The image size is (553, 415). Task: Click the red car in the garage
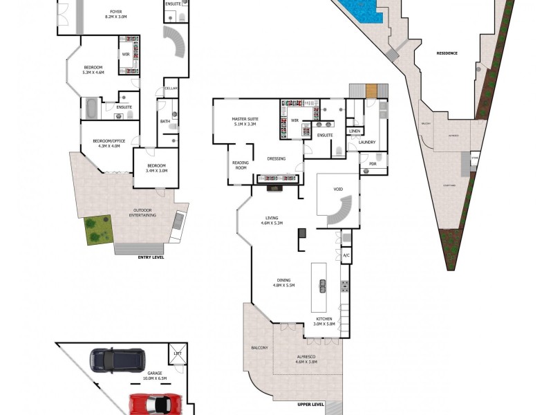(x=156, y=404)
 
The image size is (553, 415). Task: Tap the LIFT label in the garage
(x=178, y=353)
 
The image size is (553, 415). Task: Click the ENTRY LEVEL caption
(x=151, y=257)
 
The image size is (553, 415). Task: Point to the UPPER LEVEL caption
(x=310, y=404)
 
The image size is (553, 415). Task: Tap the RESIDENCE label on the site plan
(x=448, y=53)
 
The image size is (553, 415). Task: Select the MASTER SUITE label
(x=244, y=122)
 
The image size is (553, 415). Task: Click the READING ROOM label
(x=241, y=165)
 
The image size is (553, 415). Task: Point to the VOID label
(x=338, y=188)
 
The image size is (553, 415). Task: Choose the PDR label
(x=373, y=164)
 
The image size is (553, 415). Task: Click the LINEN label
(x=355, y=131)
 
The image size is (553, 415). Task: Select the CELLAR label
(x=171, y=89)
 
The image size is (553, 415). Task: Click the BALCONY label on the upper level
(x=259, y=347)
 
